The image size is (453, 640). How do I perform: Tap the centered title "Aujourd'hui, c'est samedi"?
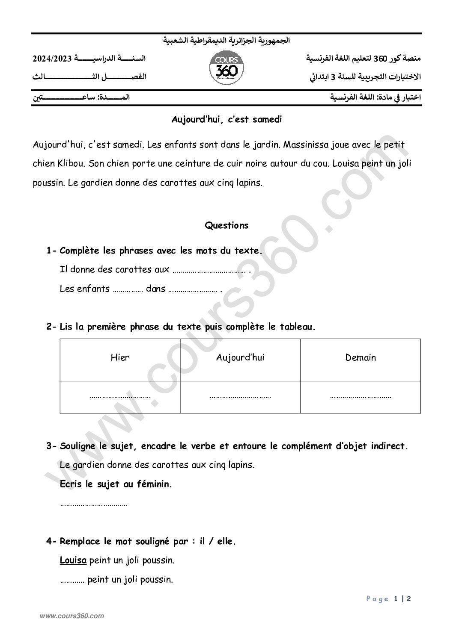pyautogui.click(x=226, y=120)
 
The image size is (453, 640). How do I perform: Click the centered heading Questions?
pyautogui.click(x=226, y=225)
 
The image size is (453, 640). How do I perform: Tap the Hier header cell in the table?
pyautogui.click(x=120, y=357)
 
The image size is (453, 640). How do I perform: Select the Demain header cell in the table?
pyautogui.click(x=361, y=357)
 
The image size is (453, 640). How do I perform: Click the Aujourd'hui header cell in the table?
pyautogui.click(x=240, y=357)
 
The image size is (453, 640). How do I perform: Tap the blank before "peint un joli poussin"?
pyautogui.click(x=72, y=581)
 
